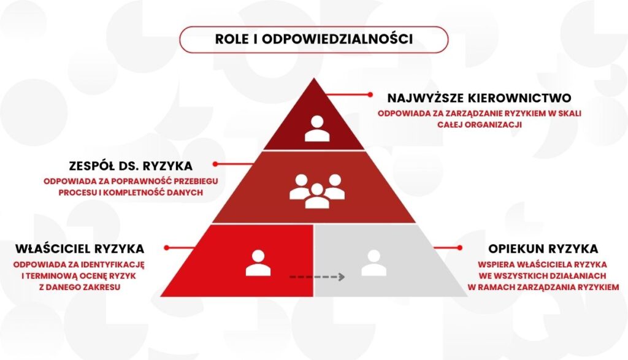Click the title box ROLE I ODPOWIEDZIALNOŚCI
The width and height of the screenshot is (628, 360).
click(313, 39)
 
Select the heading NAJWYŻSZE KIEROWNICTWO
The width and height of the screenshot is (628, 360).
click(479, 98)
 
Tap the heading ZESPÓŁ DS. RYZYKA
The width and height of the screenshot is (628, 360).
click(131, 166)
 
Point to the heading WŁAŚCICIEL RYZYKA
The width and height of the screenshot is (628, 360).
click(80, 248)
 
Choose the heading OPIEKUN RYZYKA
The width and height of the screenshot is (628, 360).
click(543, 248)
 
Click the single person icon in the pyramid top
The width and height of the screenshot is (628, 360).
click(317, 129)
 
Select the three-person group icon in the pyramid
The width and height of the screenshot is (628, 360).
click(317, 191)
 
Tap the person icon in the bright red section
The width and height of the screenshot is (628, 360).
click(258, 263)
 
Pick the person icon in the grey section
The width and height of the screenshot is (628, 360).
click(373, 263)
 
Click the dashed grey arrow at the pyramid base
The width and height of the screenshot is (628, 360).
click(317, 277)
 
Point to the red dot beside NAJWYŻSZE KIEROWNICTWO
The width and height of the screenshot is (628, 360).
click(370, 95)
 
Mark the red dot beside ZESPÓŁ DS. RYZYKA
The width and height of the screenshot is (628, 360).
click(215, 164)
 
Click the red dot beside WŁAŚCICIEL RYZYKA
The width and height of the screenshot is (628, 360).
click(167, 248)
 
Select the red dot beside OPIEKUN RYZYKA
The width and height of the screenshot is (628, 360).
click(460, 248)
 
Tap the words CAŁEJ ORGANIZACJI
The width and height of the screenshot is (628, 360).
click(480, 124)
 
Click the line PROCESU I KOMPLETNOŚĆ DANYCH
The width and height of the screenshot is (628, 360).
click(131, 193)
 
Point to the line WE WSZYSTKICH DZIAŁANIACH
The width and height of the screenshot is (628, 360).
click(542, 276)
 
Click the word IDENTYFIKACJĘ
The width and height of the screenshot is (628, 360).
click(113, 265)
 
